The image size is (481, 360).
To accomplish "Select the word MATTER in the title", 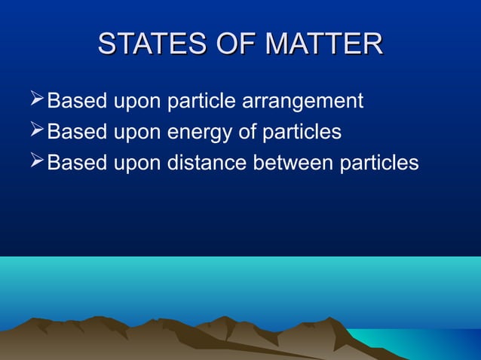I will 326,44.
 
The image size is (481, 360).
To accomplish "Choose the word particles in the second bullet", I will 300,133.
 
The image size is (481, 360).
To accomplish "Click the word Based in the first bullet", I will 74,101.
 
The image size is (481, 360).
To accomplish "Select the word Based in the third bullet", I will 74,163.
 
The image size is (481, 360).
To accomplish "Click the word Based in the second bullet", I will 74,133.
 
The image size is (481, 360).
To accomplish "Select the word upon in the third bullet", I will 134,165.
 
